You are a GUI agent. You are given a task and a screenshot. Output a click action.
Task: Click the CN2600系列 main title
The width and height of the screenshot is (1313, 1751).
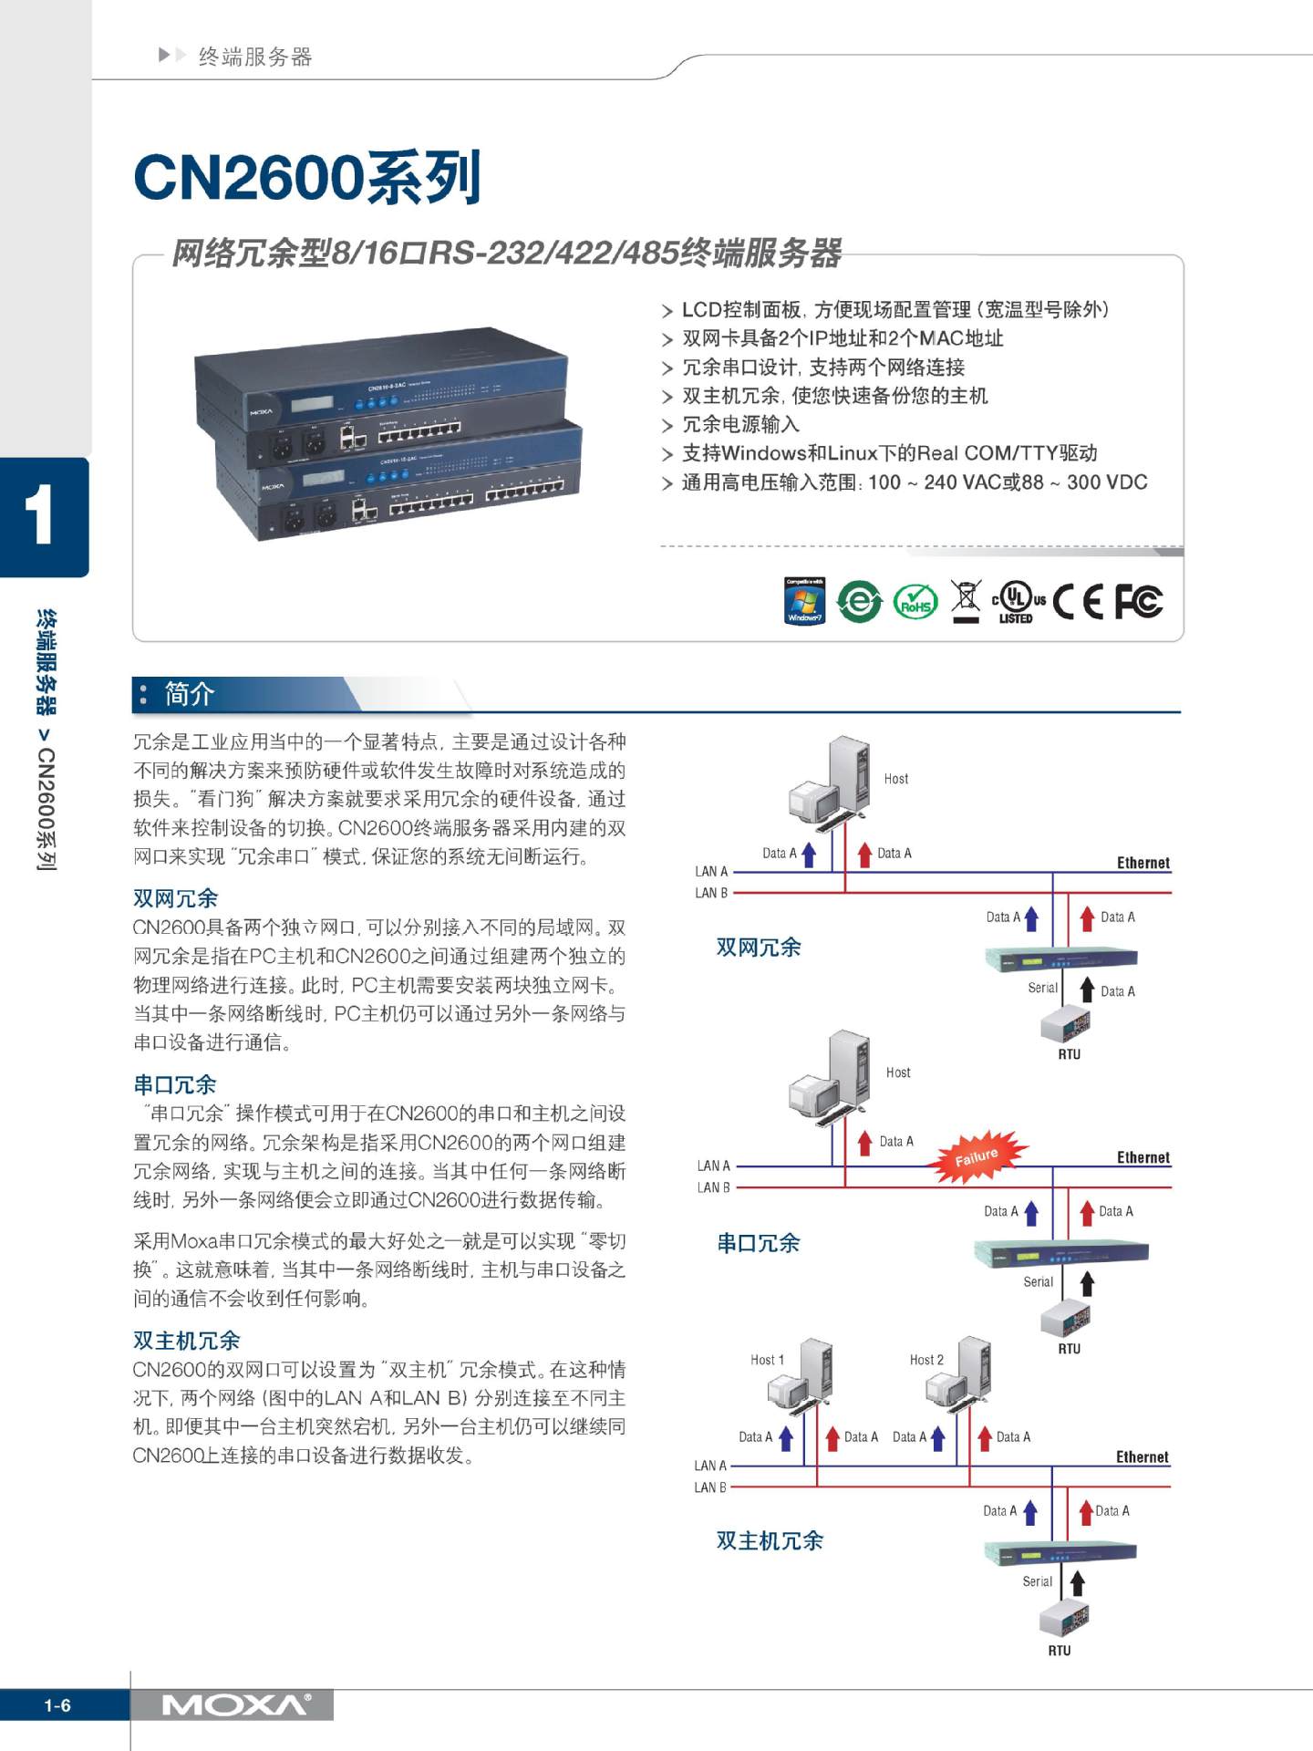pyautogui.click(x=306, y=177)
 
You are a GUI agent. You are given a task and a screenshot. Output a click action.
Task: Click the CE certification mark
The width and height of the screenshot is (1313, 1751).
pyautogui.click(x=1077, y=602)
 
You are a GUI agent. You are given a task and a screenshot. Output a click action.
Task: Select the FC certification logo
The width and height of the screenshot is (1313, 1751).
pyautogui.click(x=1138, y=602)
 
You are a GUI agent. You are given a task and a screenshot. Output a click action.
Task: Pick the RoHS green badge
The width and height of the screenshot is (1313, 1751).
pyautogui.click(x=915, y=602)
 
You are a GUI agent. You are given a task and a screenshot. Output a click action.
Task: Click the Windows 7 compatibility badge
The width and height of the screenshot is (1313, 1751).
pyautogui.click(x=804, y=601)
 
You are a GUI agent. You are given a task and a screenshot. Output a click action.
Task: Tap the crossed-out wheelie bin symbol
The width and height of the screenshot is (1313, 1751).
pyautogui.click(x=966, y=601)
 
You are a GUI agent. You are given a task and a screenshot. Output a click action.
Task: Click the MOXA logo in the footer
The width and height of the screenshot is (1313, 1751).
pyautogui.click(x=235, y=1705)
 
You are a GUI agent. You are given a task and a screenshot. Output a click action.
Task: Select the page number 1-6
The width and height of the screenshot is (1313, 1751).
pyautogui.click(x=57, y=1705)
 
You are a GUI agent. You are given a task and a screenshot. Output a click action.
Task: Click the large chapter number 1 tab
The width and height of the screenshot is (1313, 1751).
pyautogui.click(x=40, y=516)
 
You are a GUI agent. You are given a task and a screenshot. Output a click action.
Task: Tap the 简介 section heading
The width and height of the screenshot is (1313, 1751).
pyautogui.click(x=190, y=694)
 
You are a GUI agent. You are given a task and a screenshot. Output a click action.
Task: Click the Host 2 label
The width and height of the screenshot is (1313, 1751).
pyautogui.click(x=926, y=1360)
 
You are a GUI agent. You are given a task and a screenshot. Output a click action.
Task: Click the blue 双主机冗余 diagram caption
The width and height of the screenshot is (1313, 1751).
pyautogui.click(x=770, y=1540)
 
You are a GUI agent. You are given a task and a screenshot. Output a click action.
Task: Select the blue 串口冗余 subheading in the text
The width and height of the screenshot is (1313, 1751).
pyautogui.click(x=175, y=1084)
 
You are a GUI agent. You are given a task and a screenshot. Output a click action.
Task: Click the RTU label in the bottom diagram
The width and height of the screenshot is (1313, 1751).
pyautogui.click(x=1059, y=1651)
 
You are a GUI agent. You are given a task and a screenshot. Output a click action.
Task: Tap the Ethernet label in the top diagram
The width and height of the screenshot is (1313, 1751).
pyautogui.click(x=1142, y=863)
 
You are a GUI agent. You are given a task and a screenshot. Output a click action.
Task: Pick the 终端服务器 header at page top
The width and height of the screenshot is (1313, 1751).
pyautogui.click(x=255, y=57)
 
